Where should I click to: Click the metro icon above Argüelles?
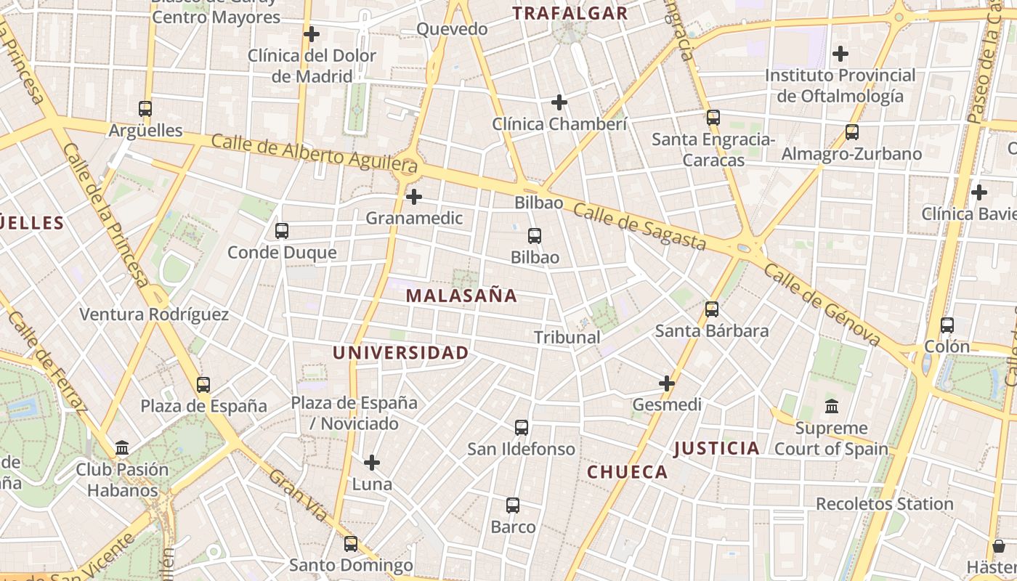(145, 109)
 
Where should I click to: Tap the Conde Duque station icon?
(282, 231)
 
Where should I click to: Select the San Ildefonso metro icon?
(522, 428)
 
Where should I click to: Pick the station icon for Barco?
(513, 505)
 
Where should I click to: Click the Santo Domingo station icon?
(351, 543)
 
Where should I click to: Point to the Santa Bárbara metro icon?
(712, 309)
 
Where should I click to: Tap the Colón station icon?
(947, 325)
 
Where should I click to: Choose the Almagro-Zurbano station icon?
(852, 132)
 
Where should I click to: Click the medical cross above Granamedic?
(414, 197)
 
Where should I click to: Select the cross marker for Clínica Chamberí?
(559, 102)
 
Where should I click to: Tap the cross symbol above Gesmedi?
(667, 383)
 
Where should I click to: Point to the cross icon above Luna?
(372, 463)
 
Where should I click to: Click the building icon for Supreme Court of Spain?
(832, 407)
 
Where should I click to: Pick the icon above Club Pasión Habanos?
(122, 447)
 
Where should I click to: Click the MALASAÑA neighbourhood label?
(461, 296)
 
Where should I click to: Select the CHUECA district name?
(628, 472)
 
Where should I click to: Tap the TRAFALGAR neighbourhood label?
(570, 13)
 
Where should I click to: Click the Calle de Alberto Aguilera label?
(314, 153)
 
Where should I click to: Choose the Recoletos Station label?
(884, 504)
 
